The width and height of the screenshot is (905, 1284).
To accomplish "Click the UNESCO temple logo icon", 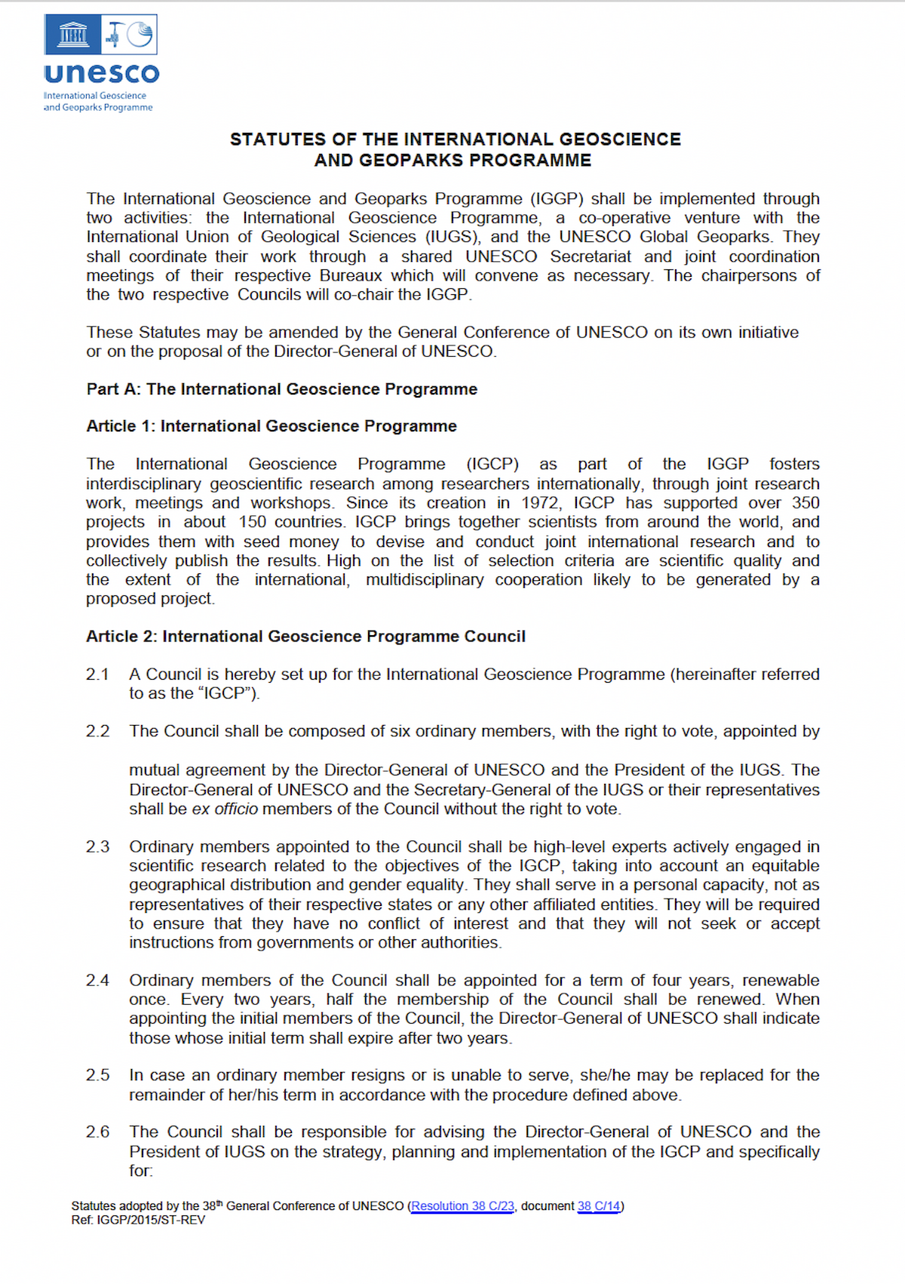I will coord(72,35).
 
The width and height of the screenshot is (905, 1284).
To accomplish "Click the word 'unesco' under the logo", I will coord(102,73).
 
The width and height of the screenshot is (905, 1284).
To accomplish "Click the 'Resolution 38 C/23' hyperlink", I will coord(462,1206).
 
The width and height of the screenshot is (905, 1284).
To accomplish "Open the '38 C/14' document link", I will coord(599,1206).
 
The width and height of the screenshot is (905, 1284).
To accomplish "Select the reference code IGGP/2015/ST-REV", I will coord(151,1220).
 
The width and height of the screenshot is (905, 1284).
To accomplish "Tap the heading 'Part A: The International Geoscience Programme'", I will coord(281,389).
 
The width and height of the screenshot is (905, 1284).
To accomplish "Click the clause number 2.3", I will coord(97,846).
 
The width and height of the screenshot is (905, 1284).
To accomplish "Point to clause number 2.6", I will coord(97,1132).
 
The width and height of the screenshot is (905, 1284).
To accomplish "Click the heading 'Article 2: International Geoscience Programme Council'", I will coord(305,636).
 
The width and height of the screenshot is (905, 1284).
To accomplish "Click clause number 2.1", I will coord(97,674).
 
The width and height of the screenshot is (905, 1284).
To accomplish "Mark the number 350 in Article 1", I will coord(805,502).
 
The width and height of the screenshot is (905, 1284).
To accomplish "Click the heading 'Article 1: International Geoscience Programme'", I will coord(271,426).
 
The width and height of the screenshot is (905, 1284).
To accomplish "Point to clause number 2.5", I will coord(97,1074).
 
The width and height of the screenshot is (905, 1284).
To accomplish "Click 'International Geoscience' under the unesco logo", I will coord(95,96).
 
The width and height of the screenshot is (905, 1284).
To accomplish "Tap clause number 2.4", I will coord(97,980).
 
